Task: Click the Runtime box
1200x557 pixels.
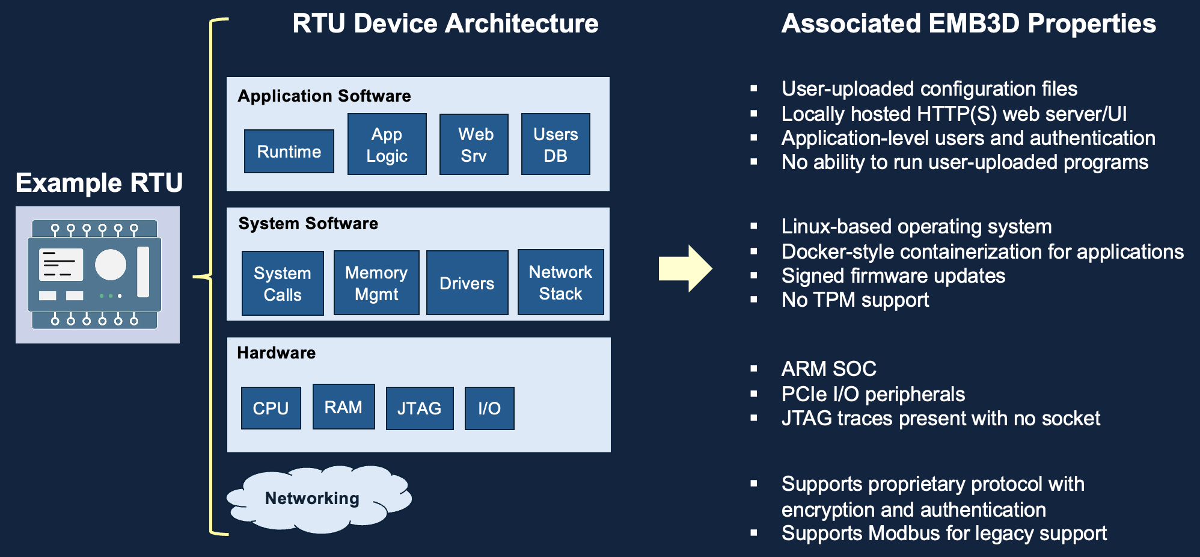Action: (289, 152)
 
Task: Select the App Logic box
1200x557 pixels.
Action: (387, 144)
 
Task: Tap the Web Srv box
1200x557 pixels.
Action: (474, 144)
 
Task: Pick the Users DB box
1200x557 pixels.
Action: (556, 144)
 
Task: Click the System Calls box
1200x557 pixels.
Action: (283, 283)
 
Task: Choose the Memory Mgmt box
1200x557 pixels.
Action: (376, 283)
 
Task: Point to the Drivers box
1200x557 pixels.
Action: (467, 283)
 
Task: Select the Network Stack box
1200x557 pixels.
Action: (560, 282)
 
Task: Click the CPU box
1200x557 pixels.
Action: (271, 408)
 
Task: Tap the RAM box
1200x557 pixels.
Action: (343, 407)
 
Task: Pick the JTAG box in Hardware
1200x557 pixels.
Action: (419, 408)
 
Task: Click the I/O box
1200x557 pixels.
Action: (489, 408)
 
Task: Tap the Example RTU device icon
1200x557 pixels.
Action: (97, 275)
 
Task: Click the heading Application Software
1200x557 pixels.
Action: (324, 96)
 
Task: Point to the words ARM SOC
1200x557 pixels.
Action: (828, 369)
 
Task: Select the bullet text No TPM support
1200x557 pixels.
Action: (855, 300)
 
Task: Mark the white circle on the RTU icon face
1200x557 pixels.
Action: (111, 265)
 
